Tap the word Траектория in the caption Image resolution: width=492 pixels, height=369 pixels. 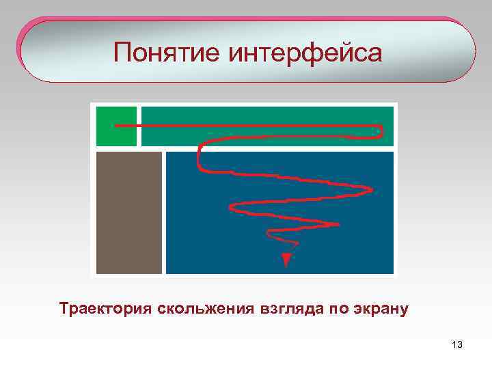click(106, 309)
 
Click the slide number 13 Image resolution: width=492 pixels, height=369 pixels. click(457, 345)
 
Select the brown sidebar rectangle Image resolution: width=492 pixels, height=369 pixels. click(129, 212)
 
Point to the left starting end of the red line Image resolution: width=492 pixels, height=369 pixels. click(117, 126)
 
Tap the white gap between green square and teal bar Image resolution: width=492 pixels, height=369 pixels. click(139, 126)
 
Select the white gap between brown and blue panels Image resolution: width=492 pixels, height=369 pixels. click(164, 212)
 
